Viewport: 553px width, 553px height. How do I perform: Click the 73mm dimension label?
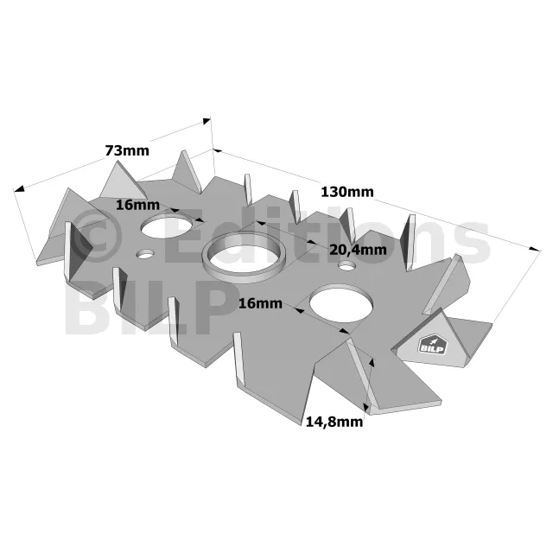coord(127,150)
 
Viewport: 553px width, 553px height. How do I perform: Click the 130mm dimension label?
coord(347,192)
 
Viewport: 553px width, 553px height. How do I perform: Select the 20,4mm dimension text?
coord(358,250)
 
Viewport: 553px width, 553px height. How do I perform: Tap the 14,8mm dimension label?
coord(334,422)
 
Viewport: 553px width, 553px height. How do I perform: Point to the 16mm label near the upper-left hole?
coord(137,205)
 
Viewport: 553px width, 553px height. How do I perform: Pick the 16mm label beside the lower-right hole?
coord(260,303)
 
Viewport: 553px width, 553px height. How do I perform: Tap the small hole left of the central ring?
coord(145,254)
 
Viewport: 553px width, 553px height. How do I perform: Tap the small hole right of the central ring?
coord(346,265)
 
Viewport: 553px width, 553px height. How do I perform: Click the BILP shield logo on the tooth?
coord(433,346)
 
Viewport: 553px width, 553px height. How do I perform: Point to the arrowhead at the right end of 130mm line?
coord(535,249)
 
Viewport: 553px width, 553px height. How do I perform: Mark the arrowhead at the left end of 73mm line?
coord(19,188)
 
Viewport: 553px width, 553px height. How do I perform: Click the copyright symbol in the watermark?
coord(96,237)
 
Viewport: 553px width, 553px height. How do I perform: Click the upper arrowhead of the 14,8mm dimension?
coord(372,363)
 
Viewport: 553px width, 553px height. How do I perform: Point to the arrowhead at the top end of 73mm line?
coord(207,121)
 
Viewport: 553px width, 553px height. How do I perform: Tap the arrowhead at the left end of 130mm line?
coord(218,151)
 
